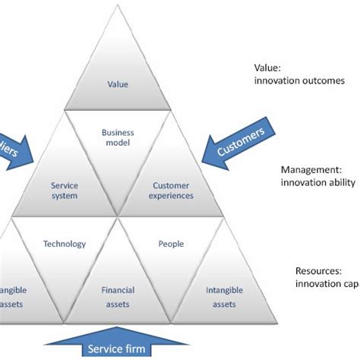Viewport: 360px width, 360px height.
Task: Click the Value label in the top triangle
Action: [118, 85]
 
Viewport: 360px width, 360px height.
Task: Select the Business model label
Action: [118, 137]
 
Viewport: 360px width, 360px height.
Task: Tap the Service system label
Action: [65, 190]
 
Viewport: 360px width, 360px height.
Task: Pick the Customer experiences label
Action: [172, 190]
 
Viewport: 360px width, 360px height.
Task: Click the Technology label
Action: [65, 244]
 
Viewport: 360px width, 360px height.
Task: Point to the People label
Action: [171, 244]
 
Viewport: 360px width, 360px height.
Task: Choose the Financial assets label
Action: [118, 297]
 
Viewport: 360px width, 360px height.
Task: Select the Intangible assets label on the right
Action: [226, 297]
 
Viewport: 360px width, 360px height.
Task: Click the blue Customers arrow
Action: [239, 145]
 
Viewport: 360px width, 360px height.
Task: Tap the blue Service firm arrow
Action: [118, 346]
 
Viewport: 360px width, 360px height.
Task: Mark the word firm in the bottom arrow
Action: [145, 350]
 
